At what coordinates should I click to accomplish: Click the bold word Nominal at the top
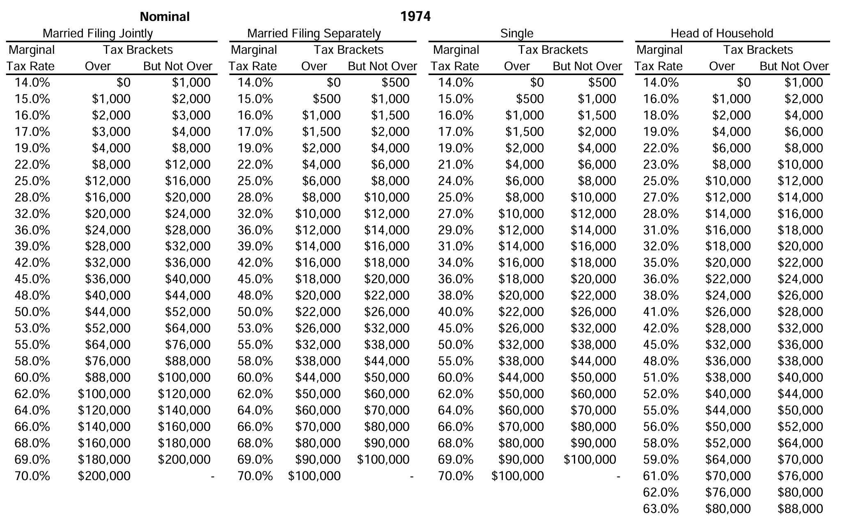pos(165,16)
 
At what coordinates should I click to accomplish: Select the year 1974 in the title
pos(415,16)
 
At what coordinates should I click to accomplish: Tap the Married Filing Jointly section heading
pos(98,33)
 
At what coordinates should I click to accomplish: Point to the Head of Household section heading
pos(722,33)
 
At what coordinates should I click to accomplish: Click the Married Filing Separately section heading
pos(314,33)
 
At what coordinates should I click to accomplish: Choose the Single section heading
pos(516,33)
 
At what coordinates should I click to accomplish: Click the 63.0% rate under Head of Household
pos(661,509)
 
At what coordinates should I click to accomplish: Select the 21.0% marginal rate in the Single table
pos(456,165)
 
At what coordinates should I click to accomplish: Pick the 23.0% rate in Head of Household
pos(661,165)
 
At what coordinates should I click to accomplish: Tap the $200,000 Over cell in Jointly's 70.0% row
pos(104,476)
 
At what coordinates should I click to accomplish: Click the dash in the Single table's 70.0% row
pos(618,476)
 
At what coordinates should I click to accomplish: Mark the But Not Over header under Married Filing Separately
pos(382,66)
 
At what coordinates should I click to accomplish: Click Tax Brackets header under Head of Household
pos(758,50)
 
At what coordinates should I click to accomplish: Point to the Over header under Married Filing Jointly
pos(98,66)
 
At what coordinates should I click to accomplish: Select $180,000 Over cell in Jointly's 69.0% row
pos(104,460)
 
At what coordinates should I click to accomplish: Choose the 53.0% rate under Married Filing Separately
pos(255,328)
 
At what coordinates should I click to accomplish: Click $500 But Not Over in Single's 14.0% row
pos(602,82)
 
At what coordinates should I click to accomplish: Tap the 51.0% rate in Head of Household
pos(661,377)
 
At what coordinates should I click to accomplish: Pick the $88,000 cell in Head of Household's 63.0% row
pos(800,509)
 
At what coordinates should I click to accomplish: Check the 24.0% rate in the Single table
pos(456,181)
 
